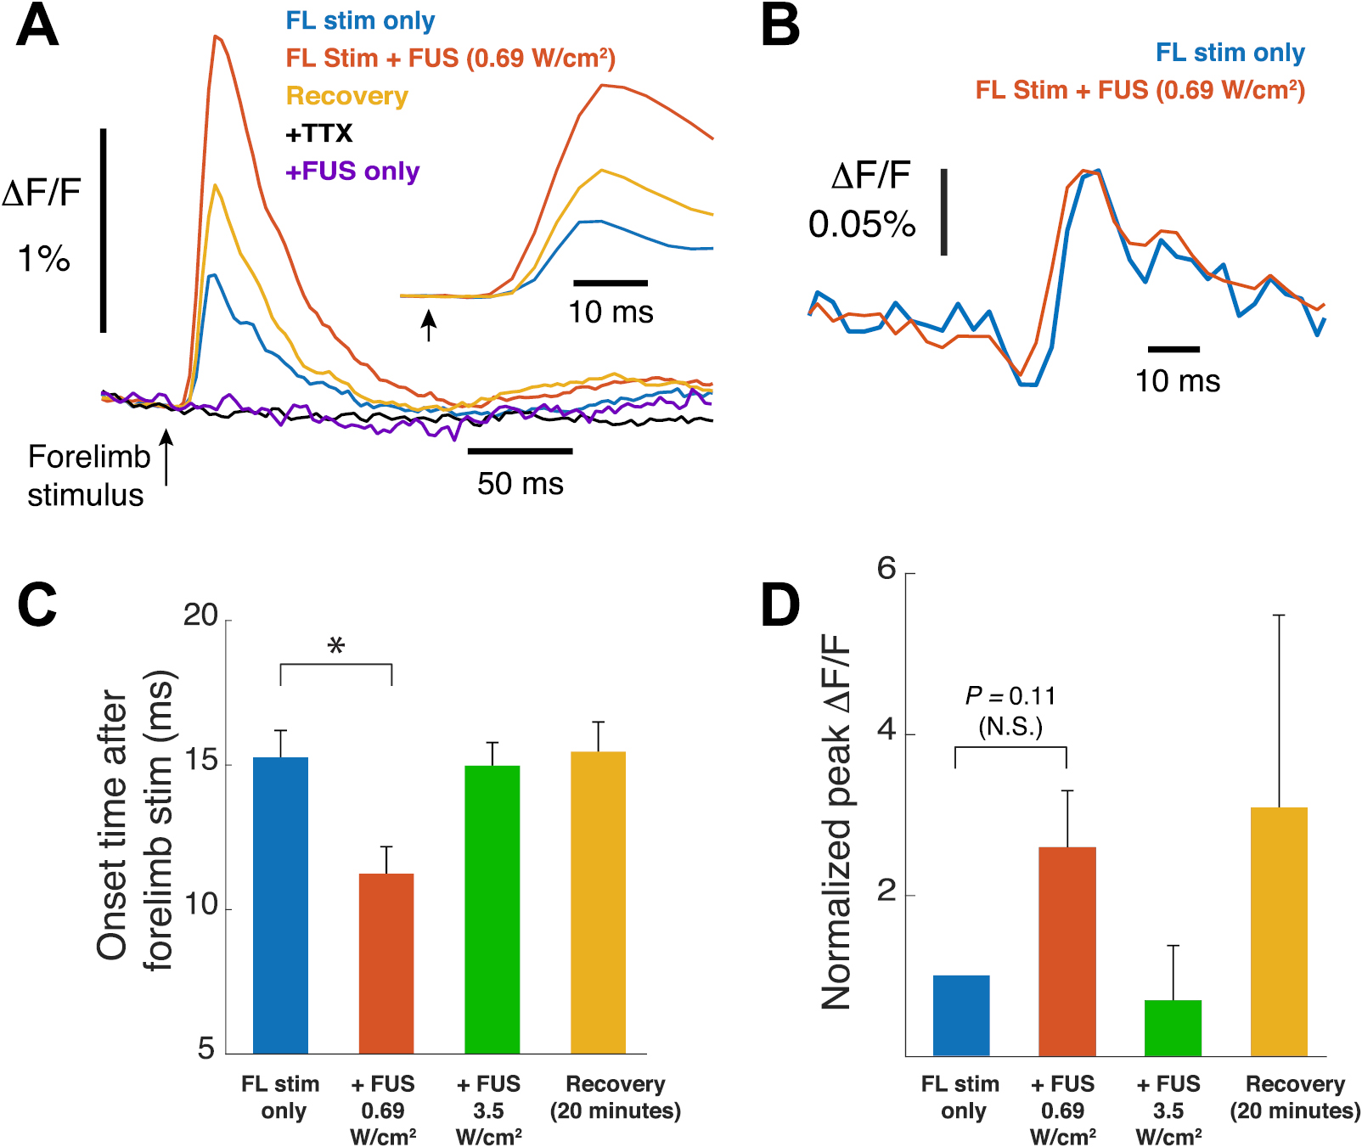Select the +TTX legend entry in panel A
click(318, 133)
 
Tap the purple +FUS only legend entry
click(352, 171)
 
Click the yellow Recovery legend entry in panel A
click(346, 96)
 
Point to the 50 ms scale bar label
click(520, 483)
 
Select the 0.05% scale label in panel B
click(861, 224)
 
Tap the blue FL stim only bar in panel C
click(280, 905)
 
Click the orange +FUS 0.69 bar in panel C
click(386, 963)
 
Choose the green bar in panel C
click(492, 909)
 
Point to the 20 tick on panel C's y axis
click(201, 616)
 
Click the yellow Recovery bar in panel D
click(1279, 931)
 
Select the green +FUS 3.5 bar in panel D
click(1173, 1027)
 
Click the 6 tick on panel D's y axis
click(887, 569)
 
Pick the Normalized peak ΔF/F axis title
click(836, 821)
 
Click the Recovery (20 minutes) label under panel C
click(616, 1097)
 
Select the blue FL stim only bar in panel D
click(961, 1015)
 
